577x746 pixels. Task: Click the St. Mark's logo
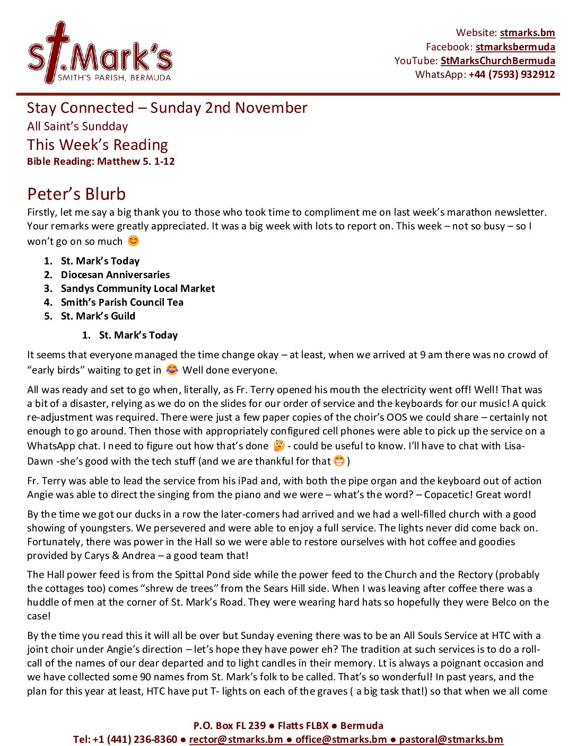[100, 54]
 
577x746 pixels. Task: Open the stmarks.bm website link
[527, 33]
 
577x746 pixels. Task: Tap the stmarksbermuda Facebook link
[515, 47]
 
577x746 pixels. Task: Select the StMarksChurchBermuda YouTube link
[497, 60]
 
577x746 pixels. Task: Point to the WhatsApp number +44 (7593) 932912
[511, 74]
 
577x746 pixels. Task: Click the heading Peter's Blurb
[76, 194]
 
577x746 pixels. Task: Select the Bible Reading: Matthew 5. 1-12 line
[101, 162]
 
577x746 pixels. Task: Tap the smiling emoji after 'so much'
[134, 241]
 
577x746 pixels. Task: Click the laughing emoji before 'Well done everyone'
[172, 369]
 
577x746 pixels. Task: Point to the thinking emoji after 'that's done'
[279, 446]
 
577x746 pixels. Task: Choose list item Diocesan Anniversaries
[115, 274]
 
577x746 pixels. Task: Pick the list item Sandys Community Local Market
[138, 288]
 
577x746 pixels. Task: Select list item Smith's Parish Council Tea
[122, 302]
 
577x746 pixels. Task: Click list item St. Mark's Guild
[98, 316]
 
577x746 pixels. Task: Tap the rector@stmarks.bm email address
[236, 739]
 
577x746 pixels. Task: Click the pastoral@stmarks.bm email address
[451, 739]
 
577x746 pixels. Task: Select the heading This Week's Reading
[98, 145]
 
